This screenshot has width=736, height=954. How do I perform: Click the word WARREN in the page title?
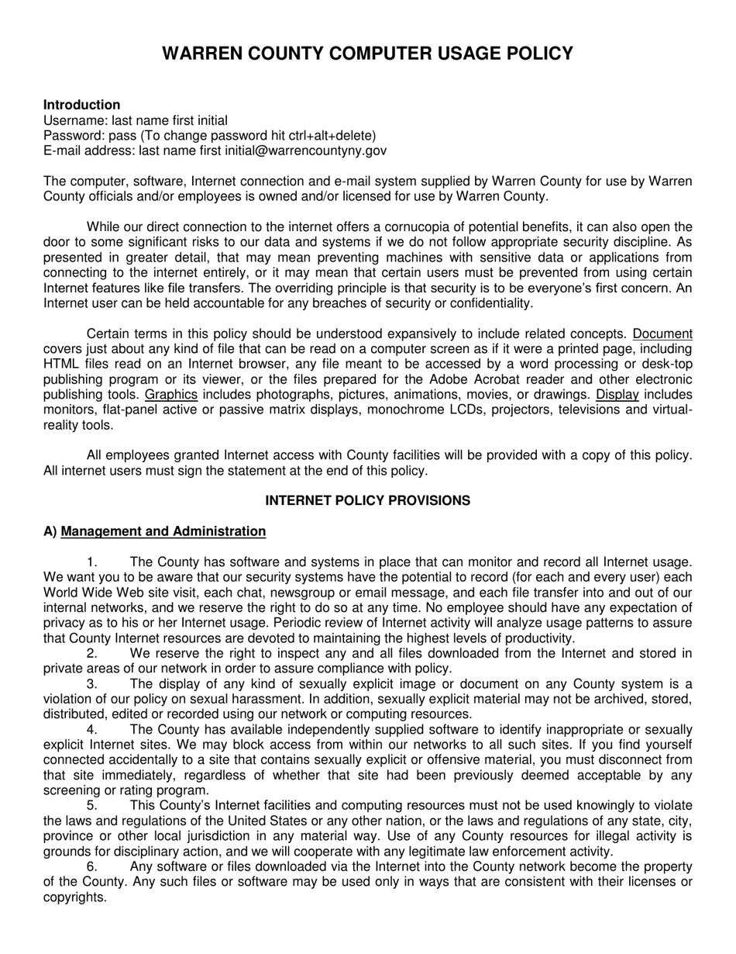point(203,54)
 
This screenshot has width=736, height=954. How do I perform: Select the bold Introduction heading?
point(81,105)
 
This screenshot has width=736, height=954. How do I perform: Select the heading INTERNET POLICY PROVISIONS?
point(367,500)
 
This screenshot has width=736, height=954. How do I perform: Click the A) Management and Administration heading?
point(154,531)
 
